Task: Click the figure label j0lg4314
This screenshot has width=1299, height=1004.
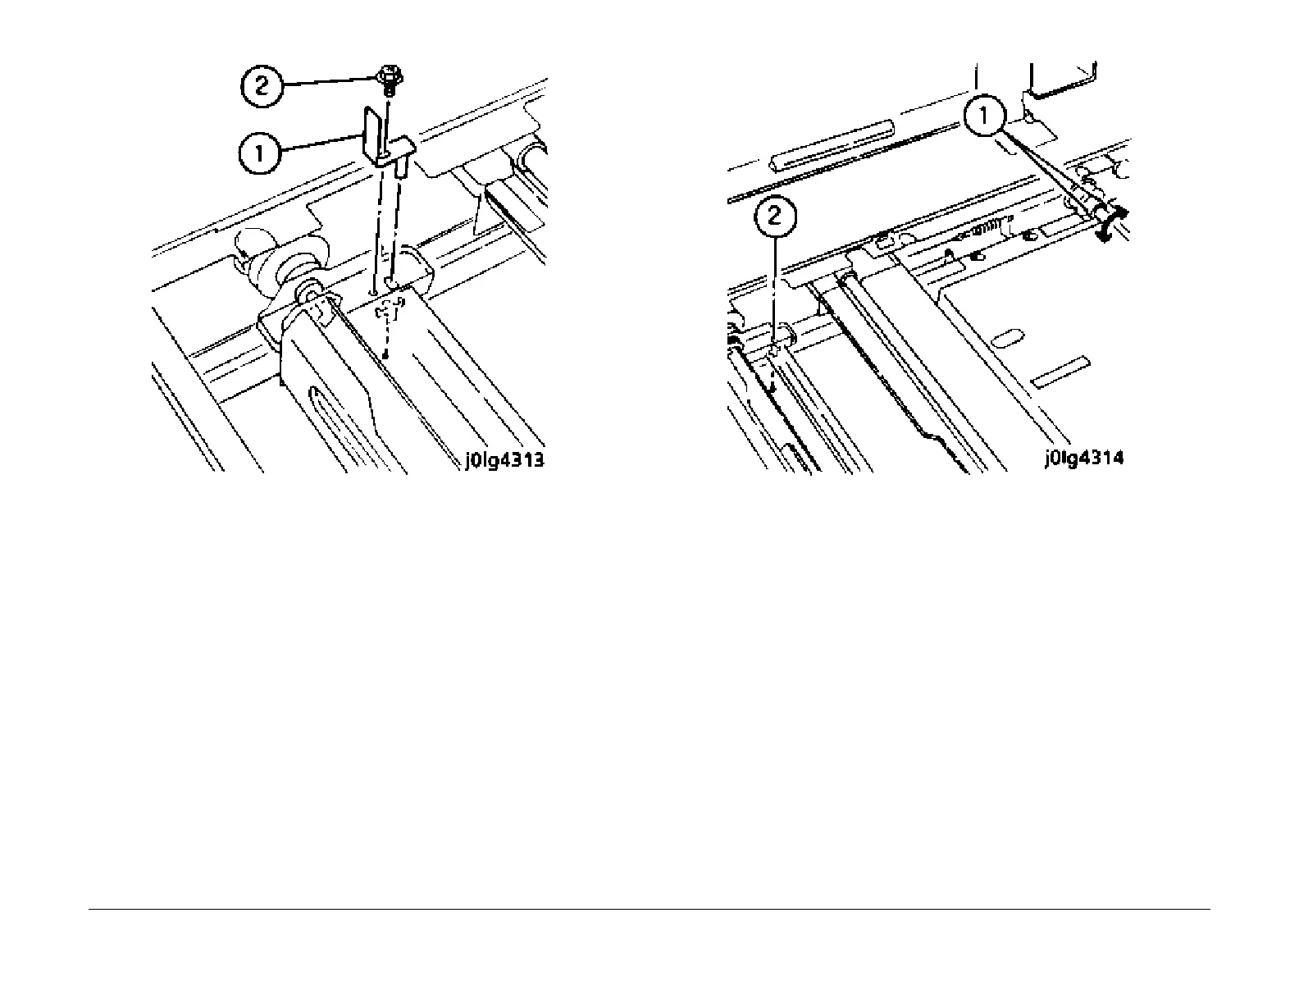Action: point(1083,459)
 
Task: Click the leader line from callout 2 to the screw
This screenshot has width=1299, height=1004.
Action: point(328,81)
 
